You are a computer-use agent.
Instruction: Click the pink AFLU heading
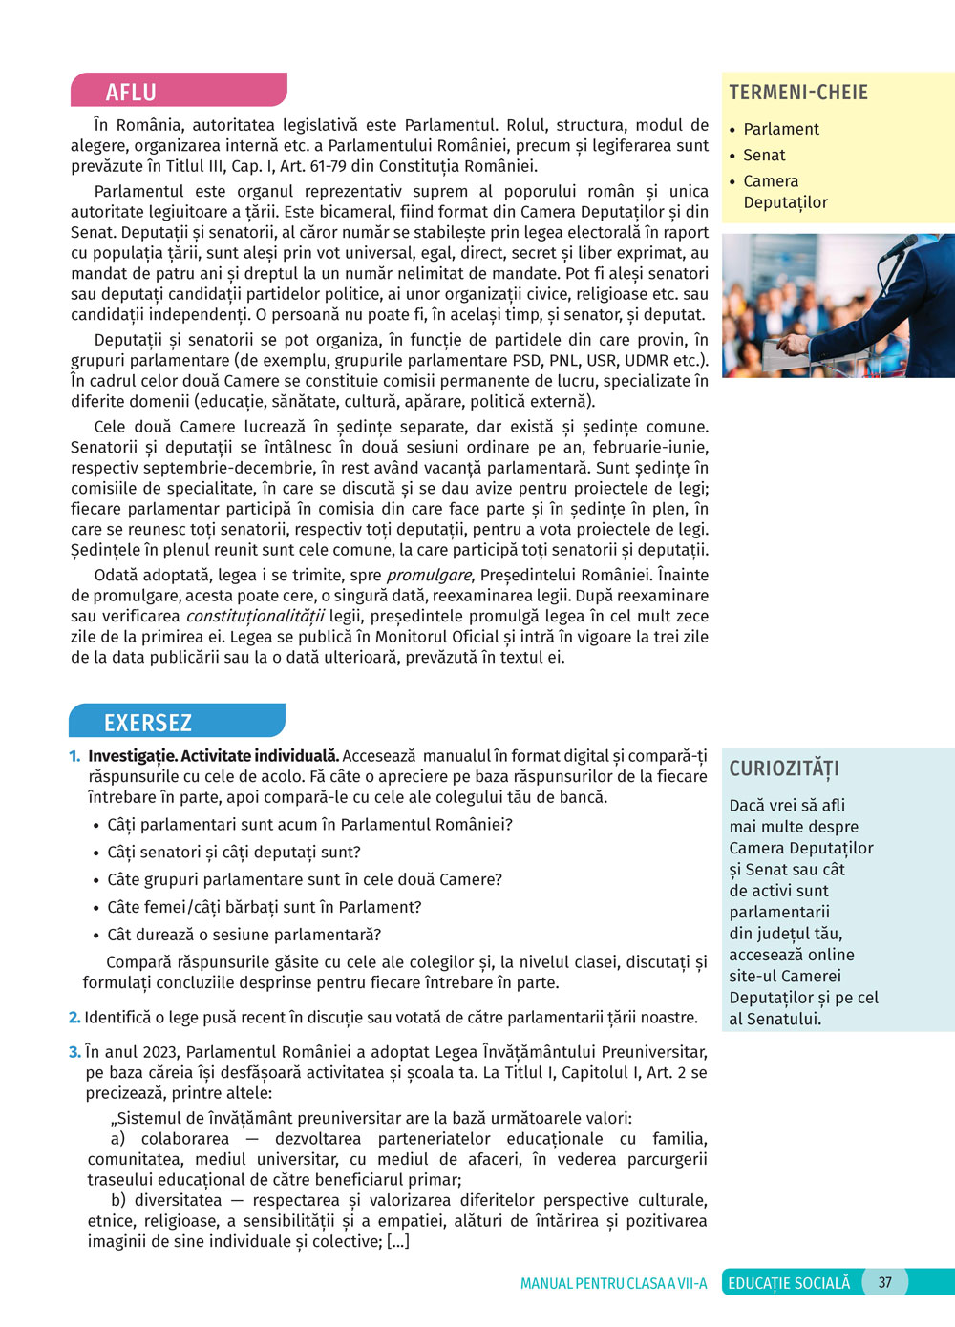click(x=131, y=92)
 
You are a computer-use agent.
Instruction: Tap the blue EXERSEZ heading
click(x=148, y=723)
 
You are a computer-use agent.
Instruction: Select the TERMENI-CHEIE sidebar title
click(x=798, y=93)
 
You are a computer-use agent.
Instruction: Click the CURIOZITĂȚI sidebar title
click(x=784, y=769)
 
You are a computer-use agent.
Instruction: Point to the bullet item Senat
click(x=764, y=155)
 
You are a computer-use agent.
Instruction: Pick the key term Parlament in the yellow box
click(x=781, y=129)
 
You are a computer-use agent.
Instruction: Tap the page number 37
click(x=885, y=1282)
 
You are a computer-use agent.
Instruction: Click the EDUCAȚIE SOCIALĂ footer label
click(x=789, y=1283)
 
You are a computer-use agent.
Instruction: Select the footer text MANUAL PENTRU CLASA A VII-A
click(x=613, y=1283)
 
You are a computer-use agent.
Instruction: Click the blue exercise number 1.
click(x=74, y=756)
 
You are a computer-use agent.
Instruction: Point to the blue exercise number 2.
click(x=74, y=1018)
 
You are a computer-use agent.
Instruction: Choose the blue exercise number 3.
click(x=74, y=1052)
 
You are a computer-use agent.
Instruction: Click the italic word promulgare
click(x=429, y=575)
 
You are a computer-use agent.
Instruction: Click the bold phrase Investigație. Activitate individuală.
click(x=213, y=756)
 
